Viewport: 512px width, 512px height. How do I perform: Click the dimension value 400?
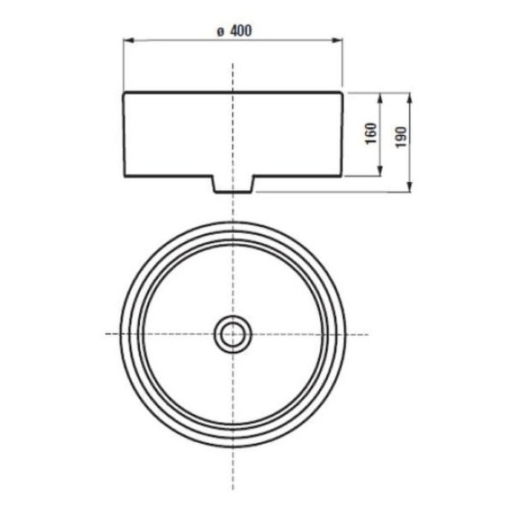[240, 31]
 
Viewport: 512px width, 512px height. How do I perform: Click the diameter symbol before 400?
[220, 32]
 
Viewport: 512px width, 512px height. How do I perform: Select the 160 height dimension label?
[371, 134]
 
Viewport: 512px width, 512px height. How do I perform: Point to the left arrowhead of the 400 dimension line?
[127, 41]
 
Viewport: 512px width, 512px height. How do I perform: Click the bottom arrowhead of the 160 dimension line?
[379, 174]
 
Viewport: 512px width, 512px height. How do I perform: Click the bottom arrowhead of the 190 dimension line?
[409, 188]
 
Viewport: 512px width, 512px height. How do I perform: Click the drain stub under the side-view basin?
[233, 184]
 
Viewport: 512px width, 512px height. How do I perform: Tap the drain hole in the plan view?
[233, 334]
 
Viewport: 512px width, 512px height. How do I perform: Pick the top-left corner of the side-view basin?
[124, 92]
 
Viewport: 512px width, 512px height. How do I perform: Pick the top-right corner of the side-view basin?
[342, 92]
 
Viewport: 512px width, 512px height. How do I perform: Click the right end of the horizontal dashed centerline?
[368, 334]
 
